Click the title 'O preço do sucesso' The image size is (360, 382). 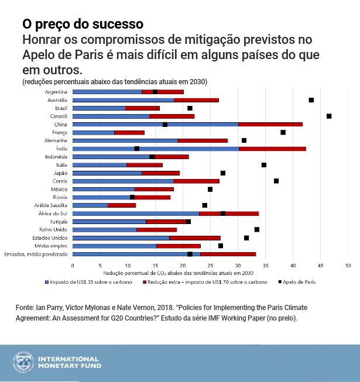[x=83, y=25]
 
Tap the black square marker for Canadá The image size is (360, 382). [x=329, y=116]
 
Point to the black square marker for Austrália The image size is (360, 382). [x=311, y=100]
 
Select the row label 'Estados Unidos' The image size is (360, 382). [x=52, y=238]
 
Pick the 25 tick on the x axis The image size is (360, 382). [x=211, y=265]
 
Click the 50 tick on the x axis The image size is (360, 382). [x=349, y=265]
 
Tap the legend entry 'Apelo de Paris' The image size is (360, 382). [x=298, y=282]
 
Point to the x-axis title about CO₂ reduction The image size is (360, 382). [x=178, y=273]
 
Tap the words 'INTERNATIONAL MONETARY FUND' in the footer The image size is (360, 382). [x=69, y=362]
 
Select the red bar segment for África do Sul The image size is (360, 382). [x=229, y=214]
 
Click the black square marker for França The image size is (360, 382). [x=283, y=132]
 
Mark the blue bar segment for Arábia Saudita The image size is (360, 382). [x=90, y=205]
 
